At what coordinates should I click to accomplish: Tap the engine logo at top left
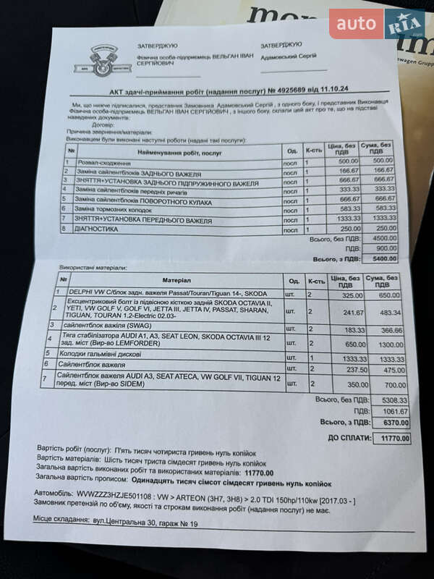coord(101,59)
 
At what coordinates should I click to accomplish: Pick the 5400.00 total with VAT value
coord(380,258)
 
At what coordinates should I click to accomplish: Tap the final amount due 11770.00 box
coord(391,438)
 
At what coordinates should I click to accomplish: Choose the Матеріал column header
coord(178,279)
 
